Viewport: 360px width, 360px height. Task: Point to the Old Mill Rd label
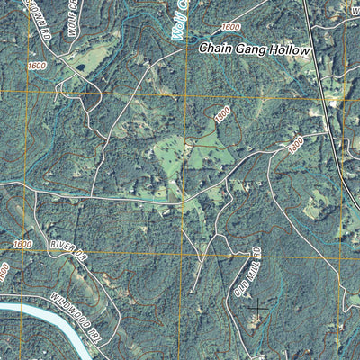click(246, 272)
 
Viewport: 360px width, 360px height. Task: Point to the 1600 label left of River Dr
click(22, 244)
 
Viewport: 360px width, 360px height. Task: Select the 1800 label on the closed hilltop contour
click(222, 116)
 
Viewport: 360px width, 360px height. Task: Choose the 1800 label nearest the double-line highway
click(296, 144)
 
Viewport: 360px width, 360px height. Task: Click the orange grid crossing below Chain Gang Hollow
click(185, 93)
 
